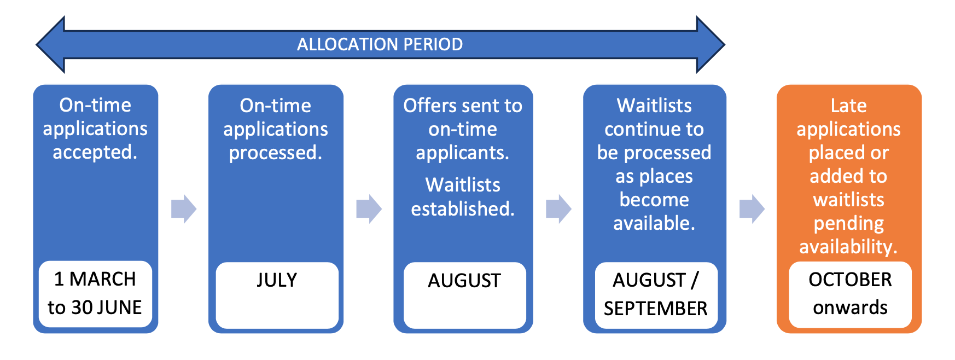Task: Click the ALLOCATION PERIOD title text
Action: pos(380,44)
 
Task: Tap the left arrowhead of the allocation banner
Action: pos(51,44)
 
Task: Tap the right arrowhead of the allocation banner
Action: pos(711,44)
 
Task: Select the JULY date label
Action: pos(277,280)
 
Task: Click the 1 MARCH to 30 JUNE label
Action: pos(95,293)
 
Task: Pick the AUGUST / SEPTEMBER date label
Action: pos(656,294)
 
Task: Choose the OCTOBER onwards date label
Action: pos(850,294)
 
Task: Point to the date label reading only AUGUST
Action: pos(464,281)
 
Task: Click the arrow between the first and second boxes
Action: pos(183,208)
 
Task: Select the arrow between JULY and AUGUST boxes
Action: pos(369,208)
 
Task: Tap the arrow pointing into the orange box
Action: pos(752,208)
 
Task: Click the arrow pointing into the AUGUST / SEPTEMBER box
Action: pos(558,208)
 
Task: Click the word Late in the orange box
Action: pos(848,106)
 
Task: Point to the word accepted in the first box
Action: pos(95,152)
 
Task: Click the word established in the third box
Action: pos(463,209)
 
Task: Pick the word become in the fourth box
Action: pos(654,200)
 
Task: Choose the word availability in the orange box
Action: pos(848,247)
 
